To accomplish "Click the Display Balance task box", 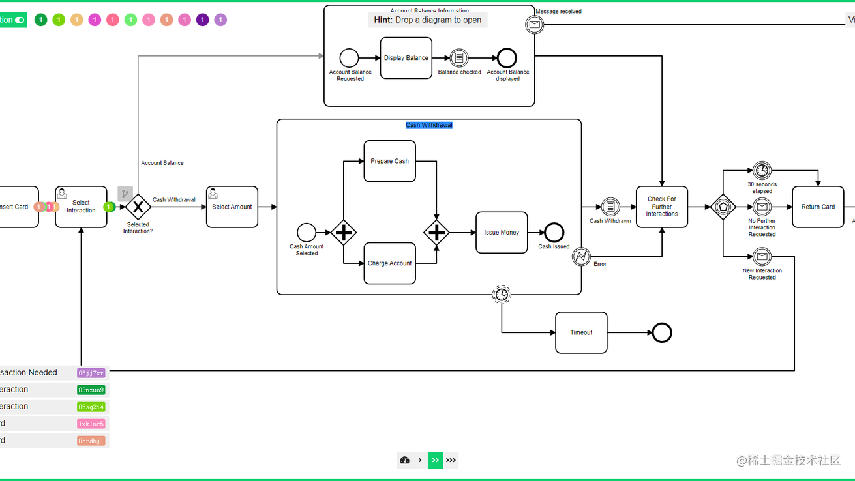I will point(406,58).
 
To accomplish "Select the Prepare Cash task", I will point(389,161).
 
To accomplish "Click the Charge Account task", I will point(389,263).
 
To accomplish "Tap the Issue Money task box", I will point(501,233).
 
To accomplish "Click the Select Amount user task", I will point(232,207).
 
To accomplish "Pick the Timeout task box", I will point(581,332).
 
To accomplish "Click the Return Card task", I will point(818,207).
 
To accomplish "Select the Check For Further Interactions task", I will point(661,207).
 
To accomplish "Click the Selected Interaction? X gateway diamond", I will point(138,207).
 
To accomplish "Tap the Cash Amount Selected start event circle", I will point(307,232).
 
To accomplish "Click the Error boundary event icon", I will point(581,256).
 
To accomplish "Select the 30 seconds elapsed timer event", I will point(762,171).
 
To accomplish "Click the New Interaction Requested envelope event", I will point(762,257).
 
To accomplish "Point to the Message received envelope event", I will point(534,25).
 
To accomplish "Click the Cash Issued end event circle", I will point(554,232).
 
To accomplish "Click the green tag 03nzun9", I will point(91,390).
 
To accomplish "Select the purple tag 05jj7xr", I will point(91,373).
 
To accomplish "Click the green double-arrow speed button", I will point(435,460).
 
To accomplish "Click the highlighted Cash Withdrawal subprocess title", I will point(428,125).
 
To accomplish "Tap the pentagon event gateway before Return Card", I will point(723,207).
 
